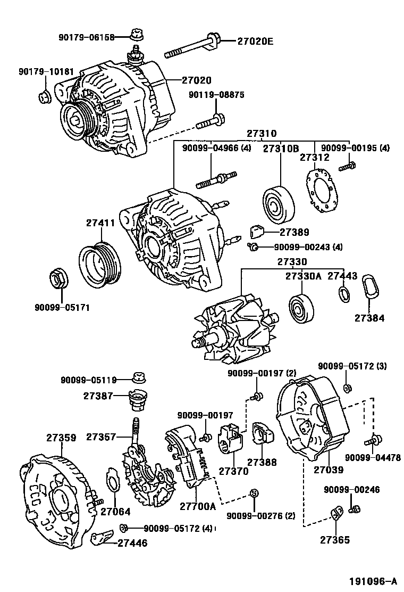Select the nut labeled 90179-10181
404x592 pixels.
click(x=45, y=97)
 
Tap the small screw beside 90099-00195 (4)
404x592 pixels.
click(x=347, y=167)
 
